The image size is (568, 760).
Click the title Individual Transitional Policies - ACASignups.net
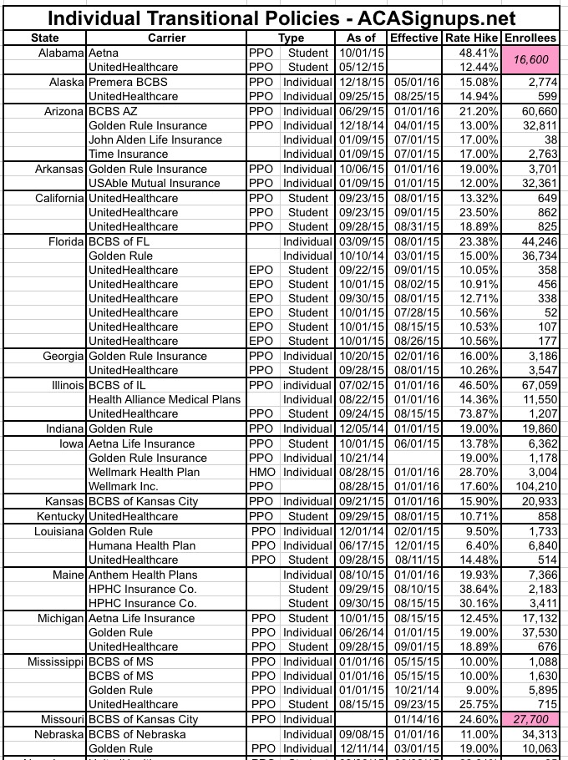[x=284, y=18]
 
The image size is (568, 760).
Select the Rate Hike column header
[x=472, y=38]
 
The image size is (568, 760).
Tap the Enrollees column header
[x=532, y=38]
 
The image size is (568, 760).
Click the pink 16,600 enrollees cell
[x=532, y=59]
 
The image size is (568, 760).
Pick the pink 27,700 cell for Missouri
[x=532, y=717]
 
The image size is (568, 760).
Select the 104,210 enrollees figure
[x=532, y=486]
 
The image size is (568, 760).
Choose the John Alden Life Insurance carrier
[x=155, y=139]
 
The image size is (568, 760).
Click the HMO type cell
[x=261, y=472]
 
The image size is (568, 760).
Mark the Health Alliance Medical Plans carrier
[x=165, y=399]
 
